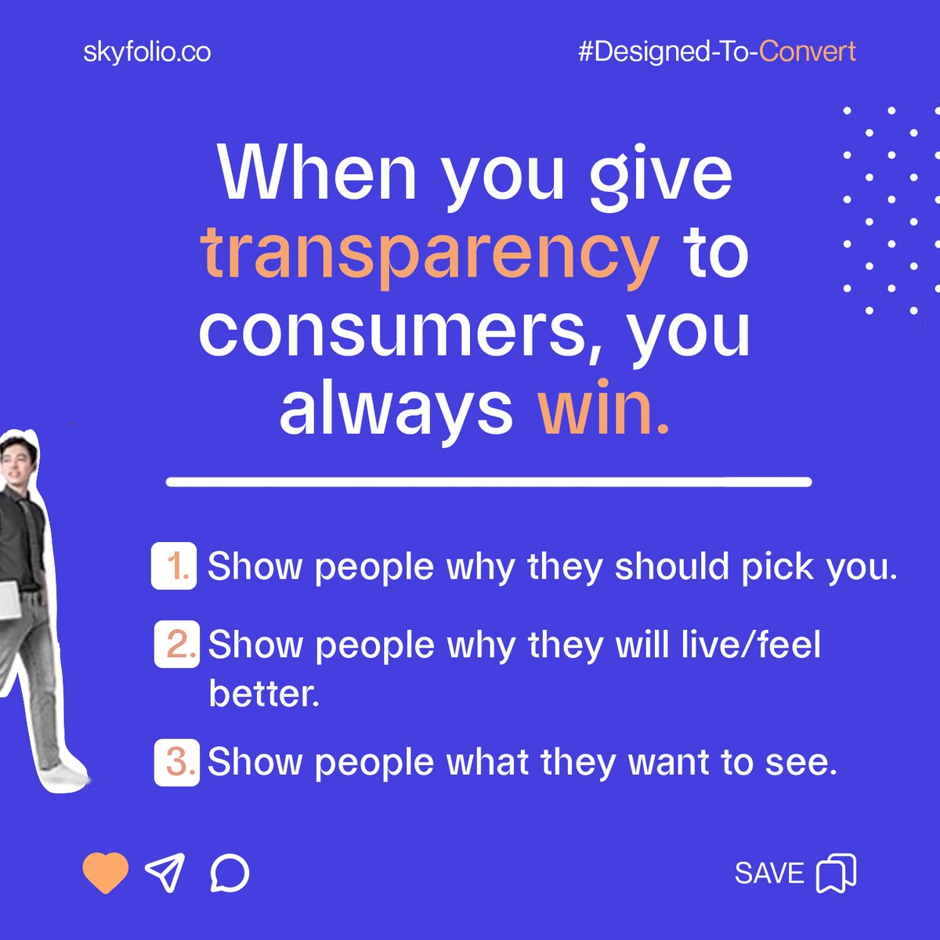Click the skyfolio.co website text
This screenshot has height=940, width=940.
[x=146, y=52]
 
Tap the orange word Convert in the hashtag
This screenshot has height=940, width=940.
[x=808, y=52]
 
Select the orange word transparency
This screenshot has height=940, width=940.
[x=430, y=253]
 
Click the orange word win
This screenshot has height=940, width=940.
[x=603, y=409]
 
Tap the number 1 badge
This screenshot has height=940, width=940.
[x=174, y=566]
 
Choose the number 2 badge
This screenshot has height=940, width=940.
[x=177, y=644]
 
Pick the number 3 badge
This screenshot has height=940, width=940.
[x=177, y=761]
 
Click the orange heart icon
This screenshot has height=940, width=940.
[x=106, y=873]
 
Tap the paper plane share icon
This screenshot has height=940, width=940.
[x=165, y=872]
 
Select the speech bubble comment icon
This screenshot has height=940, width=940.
[x=230, y=873]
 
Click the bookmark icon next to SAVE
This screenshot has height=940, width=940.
[x=837, y=873]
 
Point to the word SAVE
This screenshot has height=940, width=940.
[x=769, y=873]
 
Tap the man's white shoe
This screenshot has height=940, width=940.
[x=67, y=775]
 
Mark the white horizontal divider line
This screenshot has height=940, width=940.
[x=489, y=482]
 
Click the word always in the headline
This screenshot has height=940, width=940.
[x=396, y=409]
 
